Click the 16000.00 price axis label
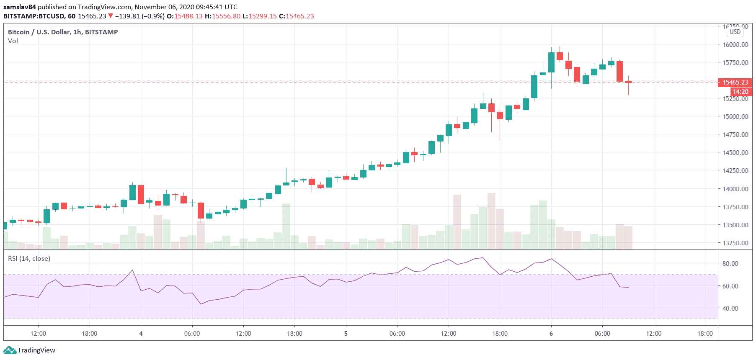point(735,44)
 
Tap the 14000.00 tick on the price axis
point(735,189)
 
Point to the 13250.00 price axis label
point(735,243)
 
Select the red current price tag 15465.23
point(735,82)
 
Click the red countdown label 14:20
point(740,92)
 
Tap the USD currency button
point(735,32)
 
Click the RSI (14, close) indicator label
point(29,259)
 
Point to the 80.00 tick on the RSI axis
point(730,263)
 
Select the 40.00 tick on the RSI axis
point(730,308)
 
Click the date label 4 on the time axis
point(141,334)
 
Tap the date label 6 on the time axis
point(551,334)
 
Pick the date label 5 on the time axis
point(346,334)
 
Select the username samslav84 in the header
point(20,7)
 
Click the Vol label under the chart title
point(13,41)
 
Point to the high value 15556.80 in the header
point(226,16)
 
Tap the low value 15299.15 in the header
point(263,16)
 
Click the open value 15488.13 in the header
point(188,16)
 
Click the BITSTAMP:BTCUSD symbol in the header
point(34,16)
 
